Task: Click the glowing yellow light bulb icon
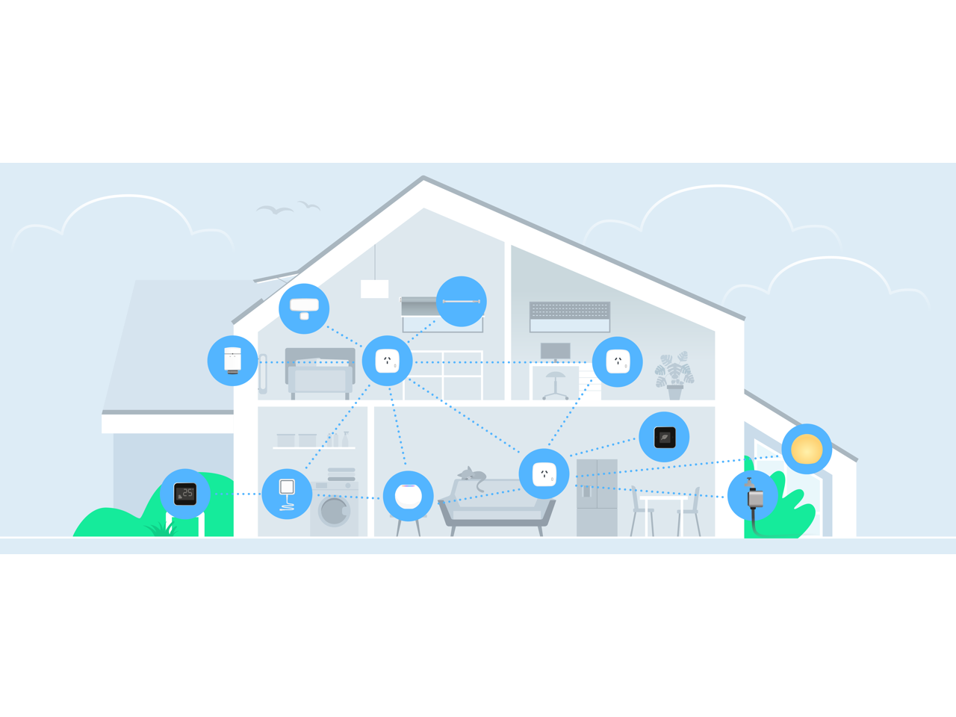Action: (x=807, y=449)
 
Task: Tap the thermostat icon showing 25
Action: (x=185, y=494)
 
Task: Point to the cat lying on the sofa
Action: (x=472, y=475)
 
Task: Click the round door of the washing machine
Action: (x=334, y=512)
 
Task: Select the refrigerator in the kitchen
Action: (x=597, y=497)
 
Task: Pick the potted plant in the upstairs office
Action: (x=674, y=376)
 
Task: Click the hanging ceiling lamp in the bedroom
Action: (x=374, y=288)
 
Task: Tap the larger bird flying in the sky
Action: (x=274, y=210)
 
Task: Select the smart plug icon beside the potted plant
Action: (x=618, y=361)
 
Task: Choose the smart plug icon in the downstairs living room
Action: (x=544, y=474)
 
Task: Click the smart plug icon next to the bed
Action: (x=387, y=361)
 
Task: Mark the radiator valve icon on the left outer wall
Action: (x=233, y=361)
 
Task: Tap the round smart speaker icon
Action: (x=408, y=496)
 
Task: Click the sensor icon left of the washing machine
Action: (x=287, y=494)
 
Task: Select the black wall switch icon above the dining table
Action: (x=664, y=437)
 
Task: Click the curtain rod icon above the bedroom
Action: (x=461, y=302)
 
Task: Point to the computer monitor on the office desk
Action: (x=555, y=350)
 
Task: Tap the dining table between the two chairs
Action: (x=664, y=499)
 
